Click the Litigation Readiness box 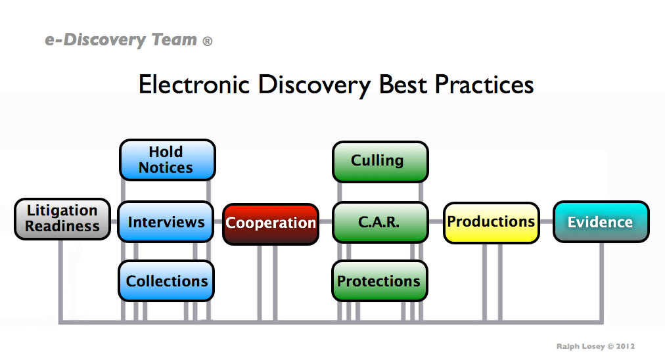pyautogui.click(x=62, y=219)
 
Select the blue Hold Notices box pyautogui.click(x=167, y=160)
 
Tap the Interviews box pyautogui.click(x=166, y=222)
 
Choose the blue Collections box pyautogui.click(x=166, y=281)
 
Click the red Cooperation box pyautogui.click(x=271, y=223)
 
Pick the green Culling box pyautogui.click(x=380, y=161)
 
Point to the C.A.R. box pyautogui.click(x=380, y=222)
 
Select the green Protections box pyautogui.click(x=379, y=281)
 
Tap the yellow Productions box pyautogui.click(x=491, y=222)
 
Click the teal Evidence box pyautogui.click(x=601, y=222)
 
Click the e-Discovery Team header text pyautogui.click(x=121, y=40)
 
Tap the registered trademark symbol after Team pyautogui.click(x=208, y=41)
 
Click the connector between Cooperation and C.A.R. pyautogui.click(x=326, y=222)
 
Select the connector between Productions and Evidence pyautogui.click(x=546, y=222)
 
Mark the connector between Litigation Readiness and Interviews pyautogui.click(x=114, y=221)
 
